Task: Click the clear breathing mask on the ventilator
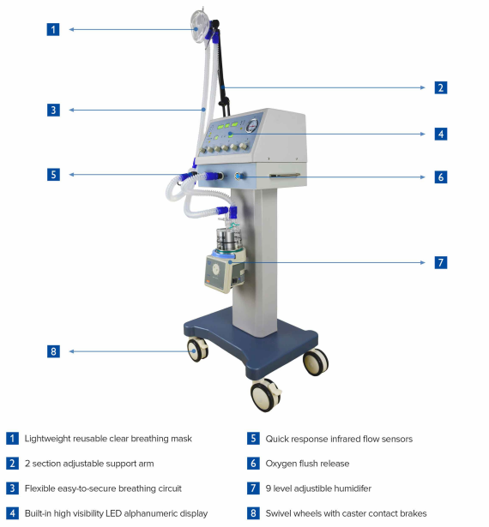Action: [x=200, y=27]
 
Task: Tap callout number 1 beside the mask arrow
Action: [x=53, y=30]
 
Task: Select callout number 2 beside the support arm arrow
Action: [x=441, y=87]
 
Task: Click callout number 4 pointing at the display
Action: [x=441, y=134]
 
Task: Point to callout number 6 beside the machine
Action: [x=441, y=177]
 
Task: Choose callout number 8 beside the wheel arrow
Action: [x=53, y=351]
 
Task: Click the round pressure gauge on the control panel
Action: [x=252, y=126]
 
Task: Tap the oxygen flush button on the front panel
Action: [x=238, y=177]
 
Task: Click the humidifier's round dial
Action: [x=216, y=268]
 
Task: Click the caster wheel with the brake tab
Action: [x=266, y=395]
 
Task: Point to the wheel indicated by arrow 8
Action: [x=197, y=350]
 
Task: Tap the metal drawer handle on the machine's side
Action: [x=285, y=175]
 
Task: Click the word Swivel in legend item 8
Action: [x=276, y=513]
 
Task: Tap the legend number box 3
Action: [x=12, y=488]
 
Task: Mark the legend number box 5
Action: [x=253, y=439]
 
